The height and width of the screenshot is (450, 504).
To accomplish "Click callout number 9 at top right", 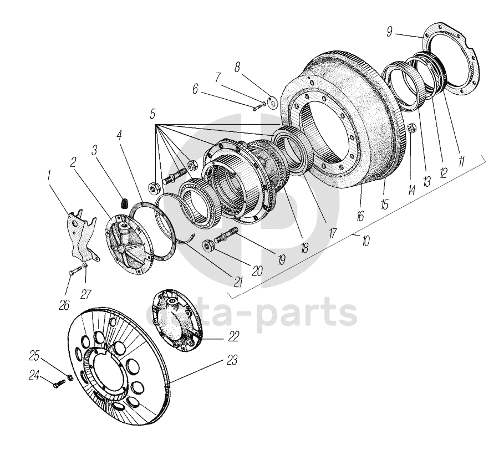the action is [x=389, y=32].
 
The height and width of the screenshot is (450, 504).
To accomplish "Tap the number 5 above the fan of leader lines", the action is [x=152, y=114].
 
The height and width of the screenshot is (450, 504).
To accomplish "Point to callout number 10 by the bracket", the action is [x=365, y=241].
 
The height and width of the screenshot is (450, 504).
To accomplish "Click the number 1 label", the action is [x=48, y=176].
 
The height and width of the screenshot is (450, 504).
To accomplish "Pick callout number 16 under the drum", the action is [x=360, y=216].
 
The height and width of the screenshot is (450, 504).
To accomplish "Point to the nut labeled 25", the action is [x=70, y=377].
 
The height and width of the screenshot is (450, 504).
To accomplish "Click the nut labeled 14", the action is [x=411, y=129].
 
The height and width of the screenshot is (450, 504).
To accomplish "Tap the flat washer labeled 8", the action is [x=273, y=102].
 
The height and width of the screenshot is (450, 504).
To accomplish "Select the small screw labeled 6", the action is [x=257, y=108].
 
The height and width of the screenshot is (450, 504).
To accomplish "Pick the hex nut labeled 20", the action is [x=208, y=245].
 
